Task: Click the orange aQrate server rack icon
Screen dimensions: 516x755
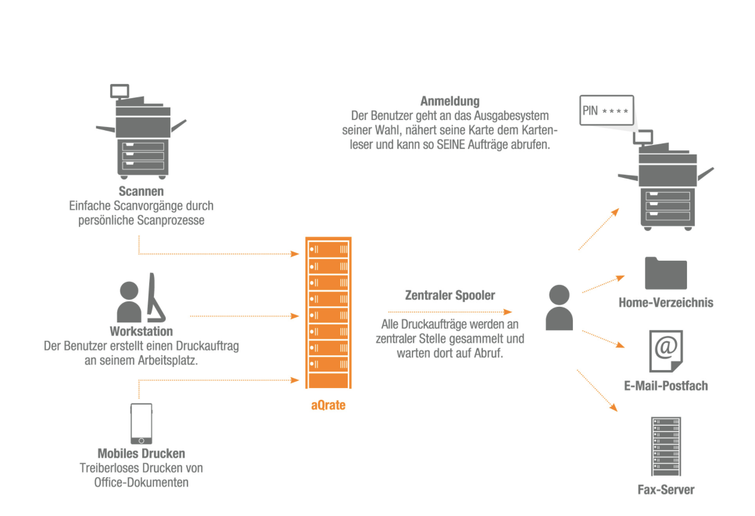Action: pyautogui.click(x=328, y=313)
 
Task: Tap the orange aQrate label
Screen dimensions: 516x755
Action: pyautogui.click(x=328, y=406)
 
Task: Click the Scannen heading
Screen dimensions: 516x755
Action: pyautogui.click(x=141, y=192)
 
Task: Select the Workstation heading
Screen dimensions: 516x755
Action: pyautogui.click(x=141, y=332)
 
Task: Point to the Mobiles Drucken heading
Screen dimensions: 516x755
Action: pyautogui.click(x=141, y=454)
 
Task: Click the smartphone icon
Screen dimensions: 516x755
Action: pyautogui.click(x=141, y=424)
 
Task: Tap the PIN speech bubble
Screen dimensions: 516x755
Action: pyautogui.click(x=606, y=110)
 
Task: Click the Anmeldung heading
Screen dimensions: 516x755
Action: pyautogui.click(x=450, y=101)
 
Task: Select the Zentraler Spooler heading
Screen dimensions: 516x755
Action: pyautogui.click(x=450, y=296)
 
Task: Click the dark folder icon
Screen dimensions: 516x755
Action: pyautogui.click(x=666, y=274)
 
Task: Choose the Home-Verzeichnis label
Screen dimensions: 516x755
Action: pyautogui.click(x=666, y=303)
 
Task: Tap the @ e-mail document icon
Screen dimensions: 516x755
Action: pyautogui.click(x=666, y=350)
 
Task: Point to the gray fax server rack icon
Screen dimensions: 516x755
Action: pyautogui.click(x=666, y=446)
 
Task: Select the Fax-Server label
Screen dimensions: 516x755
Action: pyautogui.click(x=666, y=490)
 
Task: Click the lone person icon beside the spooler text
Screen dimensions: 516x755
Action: pyautogui.click(x=559, y=308)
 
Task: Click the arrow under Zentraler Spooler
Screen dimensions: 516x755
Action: pyautogui.click(x=450, y=312)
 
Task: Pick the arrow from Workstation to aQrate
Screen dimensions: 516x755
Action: pyautogui.click(x=244, y=316)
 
